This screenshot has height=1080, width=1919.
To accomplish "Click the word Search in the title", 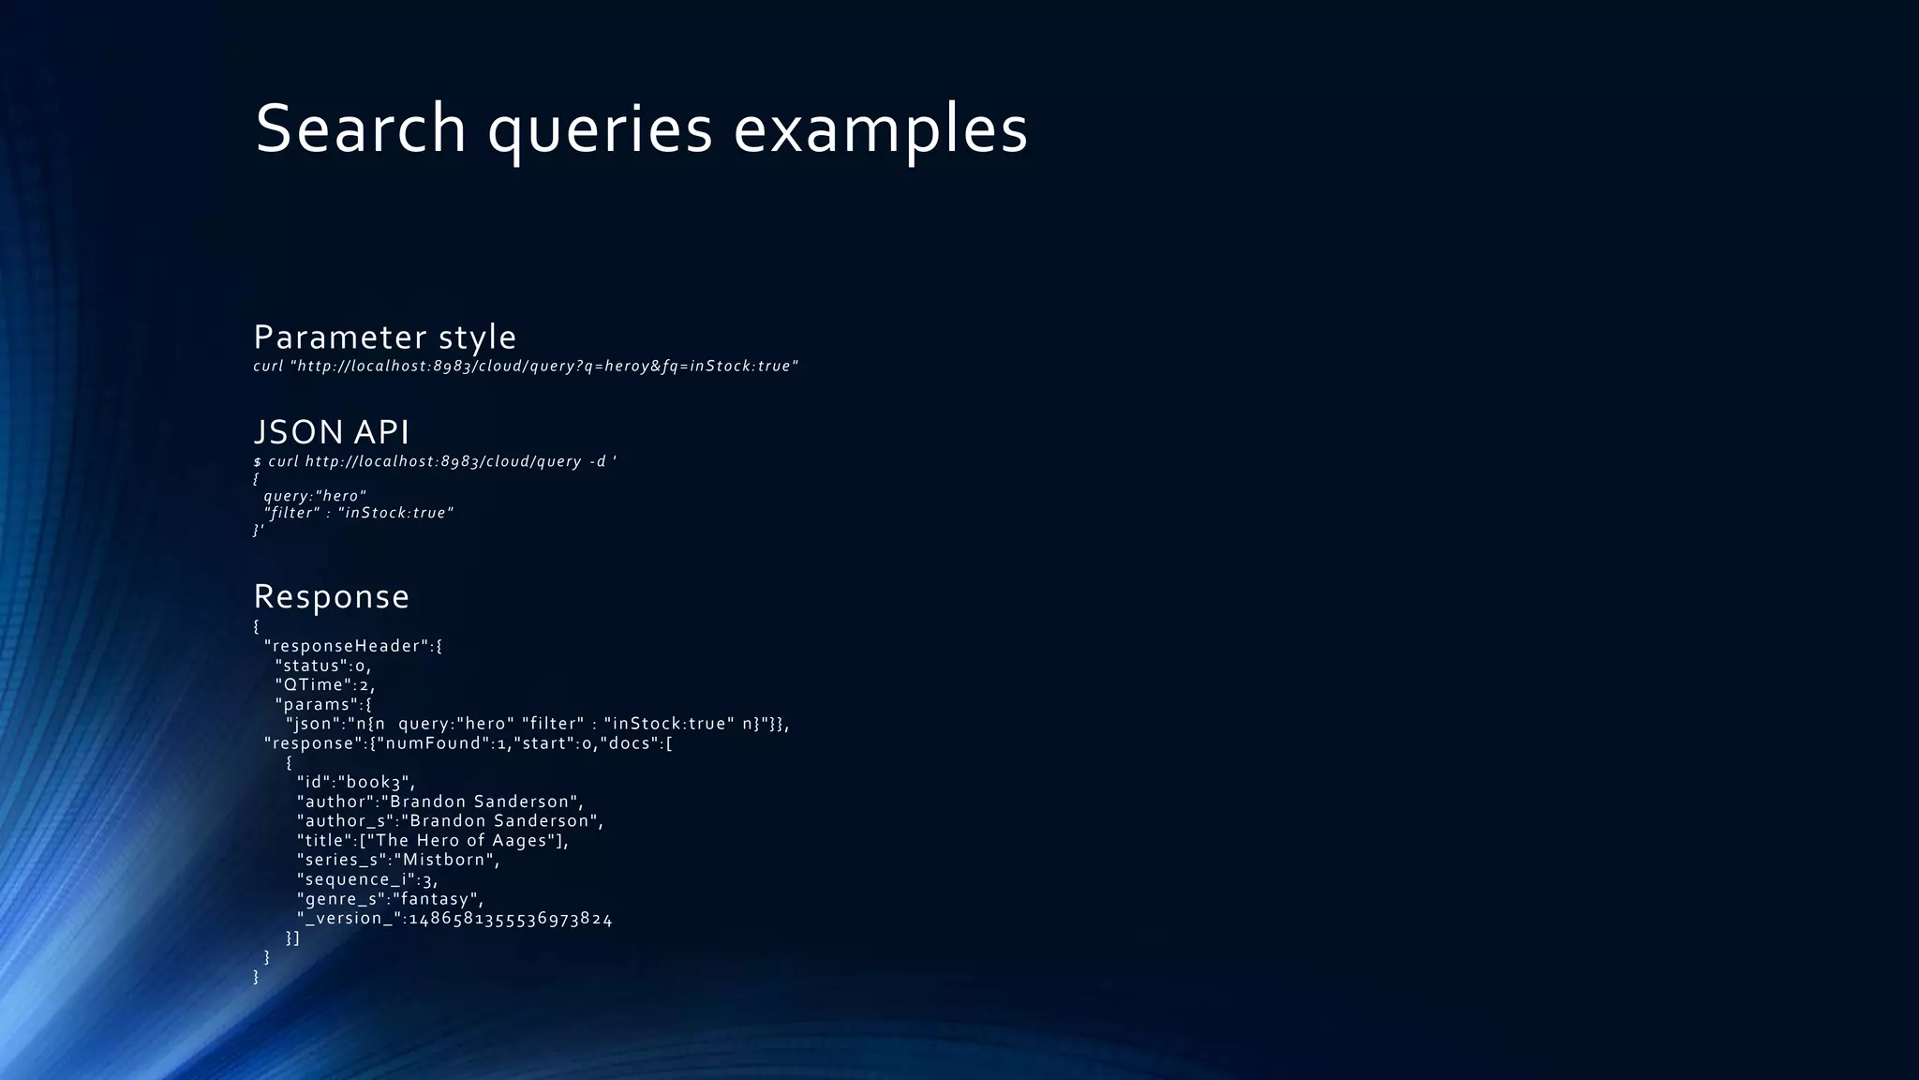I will [361, 128].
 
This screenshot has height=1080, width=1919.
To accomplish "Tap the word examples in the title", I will [880, 130].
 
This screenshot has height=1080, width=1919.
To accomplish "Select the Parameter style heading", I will [384, 337].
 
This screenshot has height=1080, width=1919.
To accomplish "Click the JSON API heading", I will [332, 432].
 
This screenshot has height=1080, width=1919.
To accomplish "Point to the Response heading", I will [332, 597].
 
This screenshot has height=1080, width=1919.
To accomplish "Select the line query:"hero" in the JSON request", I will [315, 496].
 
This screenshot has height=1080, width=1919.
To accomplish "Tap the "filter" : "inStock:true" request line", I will [359, 514].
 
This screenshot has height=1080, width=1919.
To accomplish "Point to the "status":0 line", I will [323, 666].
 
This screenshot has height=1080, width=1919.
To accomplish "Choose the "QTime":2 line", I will [324, 685].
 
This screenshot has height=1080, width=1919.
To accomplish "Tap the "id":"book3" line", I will [356, 782].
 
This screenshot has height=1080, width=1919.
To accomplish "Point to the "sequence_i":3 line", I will [367, 879].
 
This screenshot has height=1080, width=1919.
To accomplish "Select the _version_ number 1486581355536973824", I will [511, 919].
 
